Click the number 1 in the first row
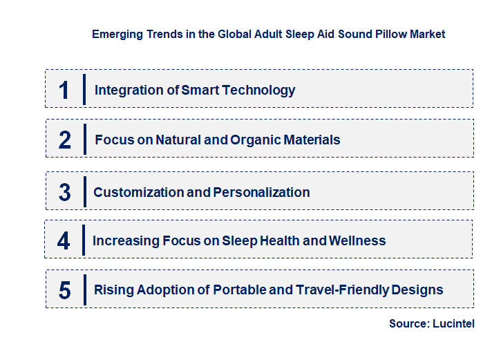point(64,90)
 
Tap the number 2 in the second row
point(65,140)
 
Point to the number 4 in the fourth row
point(64,241)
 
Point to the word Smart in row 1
point(199,90)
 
